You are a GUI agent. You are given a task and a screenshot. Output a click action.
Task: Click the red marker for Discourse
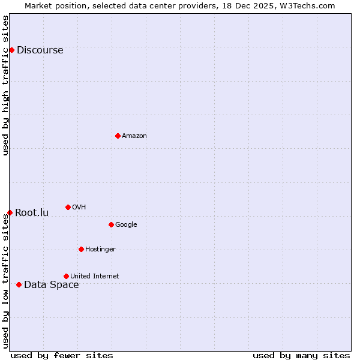click(11, 50)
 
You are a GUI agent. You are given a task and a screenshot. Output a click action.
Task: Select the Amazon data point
click(118, 136)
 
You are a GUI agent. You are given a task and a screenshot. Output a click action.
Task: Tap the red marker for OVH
click(68, 207)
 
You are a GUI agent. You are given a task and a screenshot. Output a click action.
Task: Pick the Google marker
click(111, 224)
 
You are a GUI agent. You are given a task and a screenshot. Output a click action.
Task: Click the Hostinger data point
click(81, 249)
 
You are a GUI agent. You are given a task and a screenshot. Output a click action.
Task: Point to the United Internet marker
click(66, 276)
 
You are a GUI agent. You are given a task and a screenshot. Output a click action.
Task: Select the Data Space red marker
click(19, 284)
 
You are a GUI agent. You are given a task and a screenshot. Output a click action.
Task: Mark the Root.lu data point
click(10, 212)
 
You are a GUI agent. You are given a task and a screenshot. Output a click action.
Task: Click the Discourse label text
click(40, 50)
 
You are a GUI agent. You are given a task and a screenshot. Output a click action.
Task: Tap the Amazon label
click(134, 136)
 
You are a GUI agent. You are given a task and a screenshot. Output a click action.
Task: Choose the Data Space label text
click(51, 284)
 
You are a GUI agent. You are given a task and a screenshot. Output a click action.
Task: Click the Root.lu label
click(32, 212)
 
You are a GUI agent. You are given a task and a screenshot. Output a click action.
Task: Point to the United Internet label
click(95, 276)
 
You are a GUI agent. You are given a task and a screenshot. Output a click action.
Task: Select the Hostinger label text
click(100, 249)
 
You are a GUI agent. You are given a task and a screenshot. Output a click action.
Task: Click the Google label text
click(126, 224)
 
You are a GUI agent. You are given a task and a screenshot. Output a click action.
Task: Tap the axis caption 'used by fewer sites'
click(62, 355)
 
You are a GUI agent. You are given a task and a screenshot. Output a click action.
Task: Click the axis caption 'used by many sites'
click(301, 355)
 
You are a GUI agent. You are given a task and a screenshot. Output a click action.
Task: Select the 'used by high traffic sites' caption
click(5, 85)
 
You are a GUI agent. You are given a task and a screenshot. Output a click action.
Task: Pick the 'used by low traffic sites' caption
click(5, 281)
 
